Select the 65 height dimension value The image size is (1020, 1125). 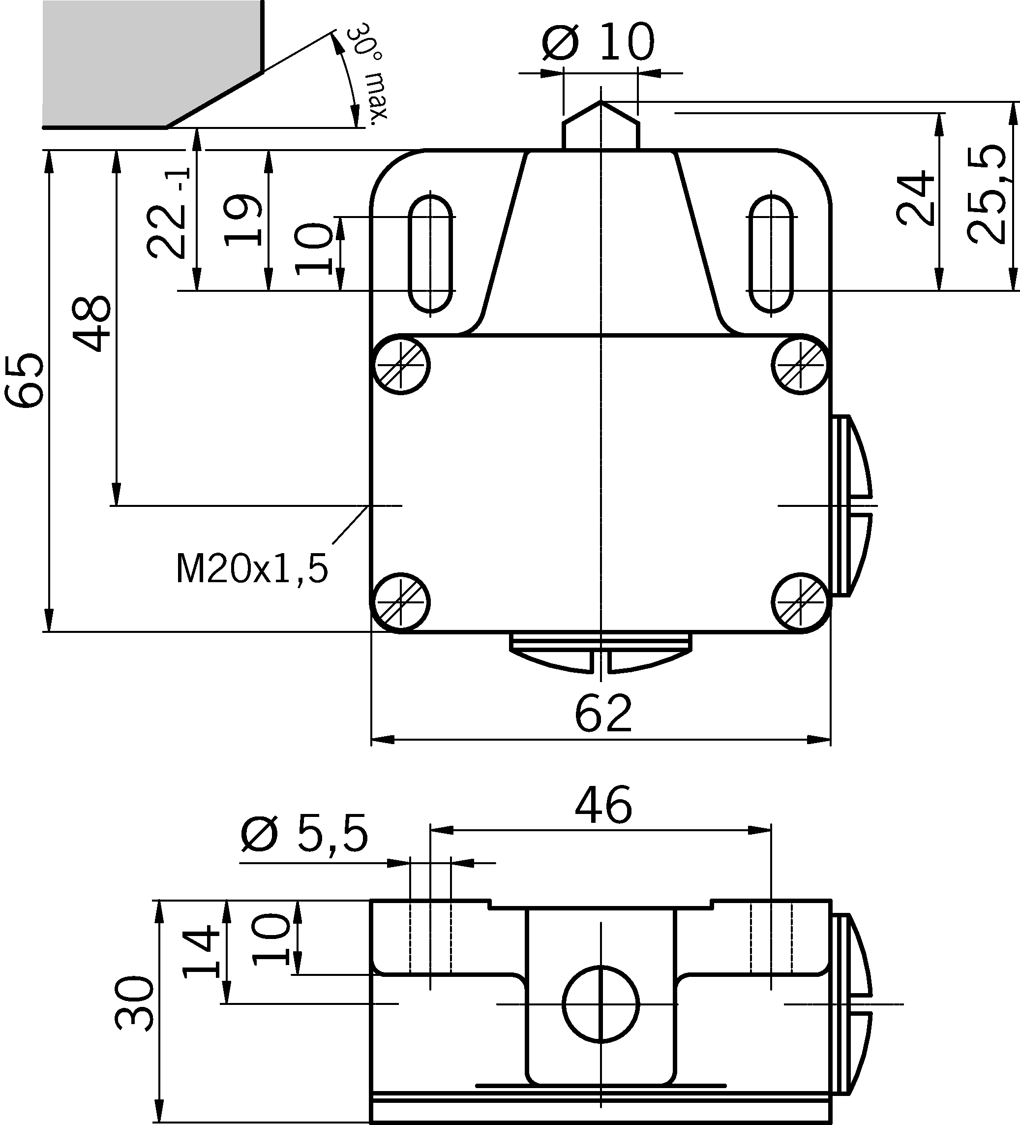click(x=25, y=380)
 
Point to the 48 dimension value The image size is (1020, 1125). click(x=92, y=324)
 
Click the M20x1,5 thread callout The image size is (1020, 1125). click(x=252, y=569)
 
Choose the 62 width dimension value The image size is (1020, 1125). click(x=603, y=714)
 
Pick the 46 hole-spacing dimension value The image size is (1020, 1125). click(x=603, y=805)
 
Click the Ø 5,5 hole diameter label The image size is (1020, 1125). click(x=304, y=835)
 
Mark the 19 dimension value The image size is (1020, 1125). click(x=243, y=220)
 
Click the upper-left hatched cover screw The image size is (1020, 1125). click(x=401, y=365)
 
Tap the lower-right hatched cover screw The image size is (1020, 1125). click(x=801, y=603)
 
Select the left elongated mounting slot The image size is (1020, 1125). click(x=430, y=253)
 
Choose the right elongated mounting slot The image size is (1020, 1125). click(x=771, y=253)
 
